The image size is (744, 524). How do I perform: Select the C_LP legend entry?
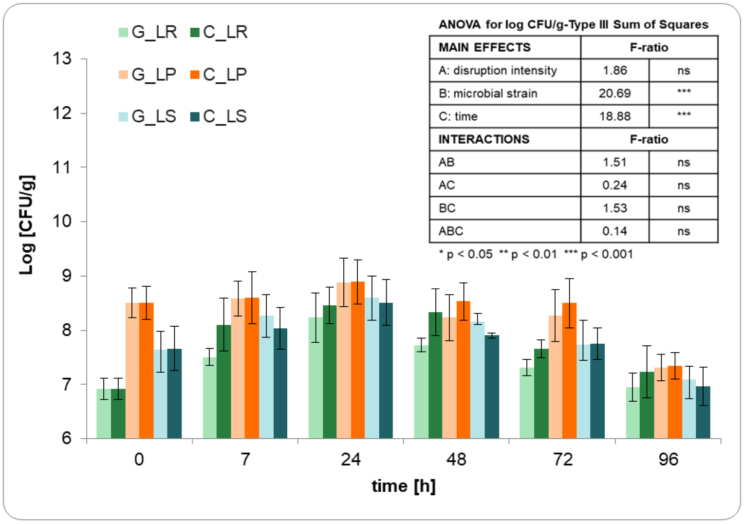tap(219, 75)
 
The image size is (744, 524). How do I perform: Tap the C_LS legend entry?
tap(219, 116)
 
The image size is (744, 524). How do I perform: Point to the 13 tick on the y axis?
tap(62, 59)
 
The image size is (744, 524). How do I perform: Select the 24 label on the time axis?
tap(351, 459)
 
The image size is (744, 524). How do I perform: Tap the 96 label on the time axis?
tap(668, 459)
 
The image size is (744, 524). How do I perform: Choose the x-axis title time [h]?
tap(403, 486)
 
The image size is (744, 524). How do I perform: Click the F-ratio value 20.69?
tap(614, 93)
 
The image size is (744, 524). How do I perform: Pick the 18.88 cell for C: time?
tap(614, 116)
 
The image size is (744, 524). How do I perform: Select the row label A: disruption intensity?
tap(498, 71)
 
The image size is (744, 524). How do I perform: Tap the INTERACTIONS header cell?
tap(484, 139)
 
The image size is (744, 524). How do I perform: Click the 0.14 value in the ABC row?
tap(614, 231)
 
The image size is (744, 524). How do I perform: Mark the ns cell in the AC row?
tap(683, 185)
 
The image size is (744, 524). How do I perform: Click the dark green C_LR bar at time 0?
tap(118, 413)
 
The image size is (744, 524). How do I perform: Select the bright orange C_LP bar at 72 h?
tap(569, 371)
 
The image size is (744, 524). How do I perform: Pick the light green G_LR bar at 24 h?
tap(316, 378)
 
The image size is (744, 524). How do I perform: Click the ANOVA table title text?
tap(573, 25)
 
